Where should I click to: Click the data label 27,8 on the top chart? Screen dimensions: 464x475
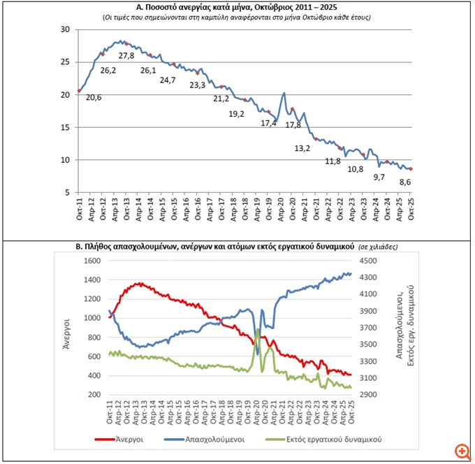(126, 56)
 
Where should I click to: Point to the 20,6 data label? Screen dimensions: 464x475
(94, 97)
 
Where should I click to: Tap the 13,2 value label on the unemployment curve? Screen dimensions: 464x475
(303, 148)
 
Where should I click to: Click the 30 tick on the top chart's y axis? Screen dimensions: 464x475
(66, 29)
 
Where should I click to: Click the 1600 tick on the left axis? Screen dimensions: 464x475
(92, 261)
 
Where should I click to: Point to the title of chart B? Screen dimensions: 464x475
(214, 247)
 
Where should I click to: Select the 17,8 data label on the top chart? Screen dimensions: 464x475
(293, 125)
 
